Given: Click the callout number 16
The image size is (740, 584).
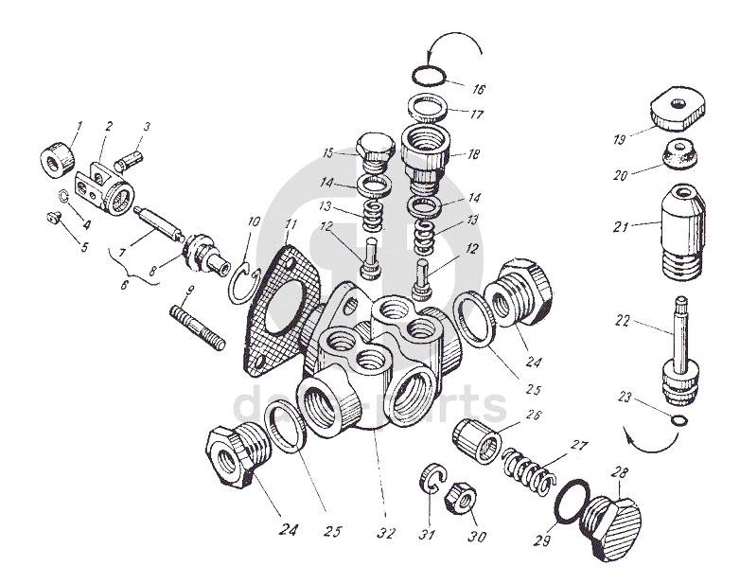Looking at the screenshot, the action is point(478,90).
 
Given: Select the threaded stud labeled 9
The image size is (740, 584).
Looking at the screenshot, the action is point(198,324).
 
